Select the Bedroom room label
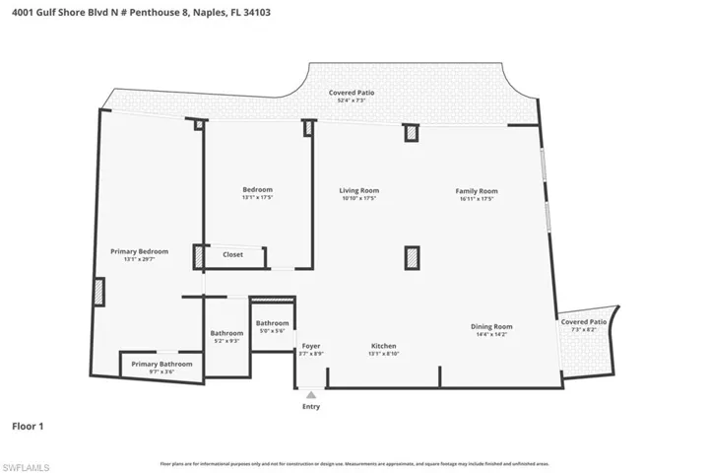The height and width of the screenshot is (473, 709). pyautogui.click(x=257, y=190)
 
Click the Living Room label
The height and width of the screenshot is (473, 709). pyautogui.click(x=359, y=190)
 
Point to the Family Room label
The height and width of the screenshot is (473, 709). pyautogui.click(x=476, y=190)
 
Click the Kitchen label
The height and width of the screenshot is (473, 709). pyautogui.click(x=383, y=345)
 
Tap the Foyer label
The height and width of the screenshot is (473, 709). pyautogui.click(x=311, y=345)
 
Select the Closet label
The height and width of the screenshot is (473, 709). pyautogui.click(x=232, y=254)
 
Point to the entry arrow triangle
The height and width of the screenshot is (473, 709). pyautogui.click(x=311, y=394)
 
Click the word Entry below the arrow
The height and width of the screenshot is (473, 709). pyautogui.click(x=311, y=406)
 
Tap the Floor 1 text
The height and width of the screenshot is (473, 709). pyautogui.click(x=28, y=427)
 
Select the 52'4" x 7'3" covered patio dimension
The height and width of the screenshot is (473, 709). pyautogui.click(x=352, y=101)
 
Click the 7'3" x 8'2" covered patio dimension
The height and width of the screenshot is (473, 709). pyautogui.click(x=584, y=330)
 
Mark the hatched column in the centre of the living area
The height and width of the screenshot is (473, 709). pyautogui.click(x=412, y=257)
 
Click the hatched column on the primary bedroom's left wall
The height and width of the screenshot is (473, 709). pyautogui.click(x=99, y=293)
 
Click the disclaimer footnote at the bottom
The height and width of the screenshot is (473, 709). pyautogui.click(x=354, y=463)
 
